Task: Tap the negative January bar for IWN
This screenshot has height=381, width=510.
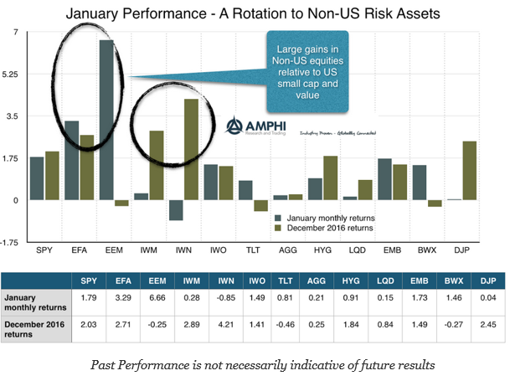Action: pos(176,210)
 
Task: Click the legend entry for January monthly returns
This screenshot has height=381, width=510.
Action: pos(330,217)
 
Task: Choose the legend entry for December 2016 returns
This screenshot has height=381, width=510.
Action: pos(330,227)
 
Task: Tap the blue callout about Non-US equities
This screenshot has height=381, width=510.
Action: pos(307,67)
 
